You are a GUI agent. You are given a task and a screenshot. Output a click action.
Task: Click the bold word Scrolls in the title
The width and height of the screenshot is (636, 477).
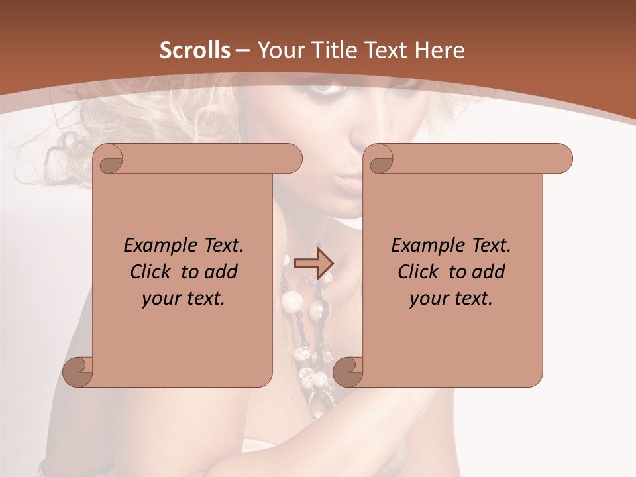[195, 50]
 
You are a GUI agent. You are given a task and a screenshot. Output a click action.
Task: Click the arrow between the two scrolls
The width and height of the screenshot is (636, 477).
[313, 264]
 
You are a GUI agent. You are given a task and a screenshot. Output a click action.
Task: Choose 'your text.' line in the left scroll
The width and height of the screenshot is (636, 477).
[184, 299]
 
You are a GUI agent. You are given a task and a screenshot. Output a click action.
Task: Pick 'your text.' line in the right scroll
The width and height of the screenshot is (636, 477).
[451, 299]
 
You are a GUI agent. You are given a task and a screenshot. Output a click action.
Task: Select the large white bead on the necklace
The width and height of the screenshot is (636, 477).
[291, 302]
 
